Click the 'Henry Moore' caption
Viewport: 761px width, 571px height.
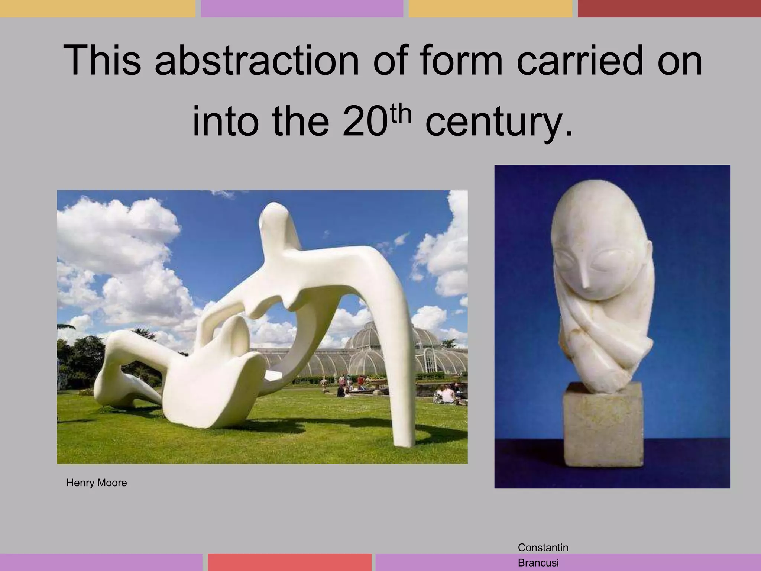(x=97, y=483)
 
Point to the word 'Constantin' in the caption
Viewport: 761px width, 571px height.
(x=543, y=547)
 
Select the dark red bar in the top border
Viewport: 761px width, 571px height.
(x=669, y=8)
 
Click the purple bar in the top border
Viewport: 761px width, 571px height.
(x=302, y=8)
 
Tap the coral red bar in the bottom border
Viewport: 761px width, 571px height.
(x=289, y=562)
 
